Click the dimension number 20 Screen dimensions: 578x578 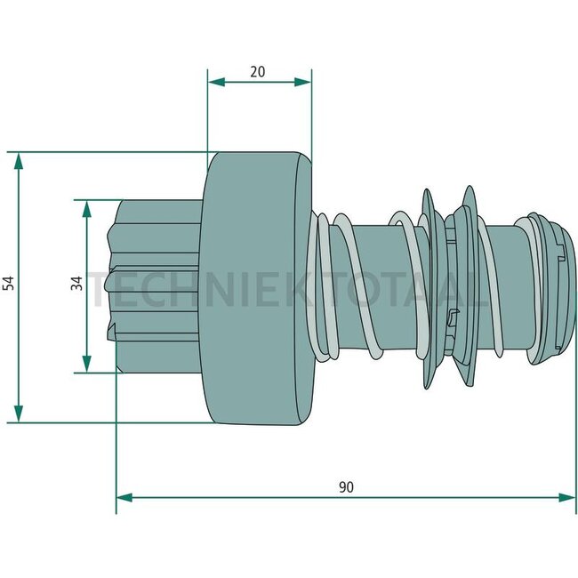[x=257, y=71]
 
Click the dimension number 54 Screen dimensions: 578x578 [x=9, y=283]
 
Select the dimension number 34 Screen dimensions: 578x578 [x=77, y=283]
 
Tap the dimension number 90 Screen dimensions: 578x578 [x=346, y=487]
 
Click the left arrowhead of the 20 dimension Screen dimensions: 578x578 [x=216, y=82]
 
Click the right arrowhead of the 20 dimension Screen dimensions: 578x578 [x=302, y=82]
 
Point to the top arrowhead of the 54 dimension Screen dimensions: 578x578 [x=18, y=160]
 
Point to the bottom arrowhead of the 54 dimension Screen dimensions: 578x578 [x=18, y=413]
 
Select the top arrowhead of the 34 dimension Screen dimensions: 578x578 [x=86, y=209]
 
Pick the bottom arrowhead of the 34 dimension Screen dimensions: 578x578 [x=86, y=365]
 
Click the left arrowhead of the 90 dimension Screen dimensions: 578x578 [x=124, y=498]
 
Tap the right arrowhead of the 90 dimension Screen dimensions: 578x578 [x=567, y=498]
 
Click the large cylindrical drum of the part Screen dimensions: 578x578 [x=256, y=288]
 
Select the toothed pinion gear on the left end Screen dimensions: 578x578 [x=154, y=286]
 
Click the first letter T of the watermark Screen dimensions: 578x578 [x=101, y=290]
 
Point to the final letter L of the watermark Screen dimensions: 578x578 [x=478, y=290]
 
